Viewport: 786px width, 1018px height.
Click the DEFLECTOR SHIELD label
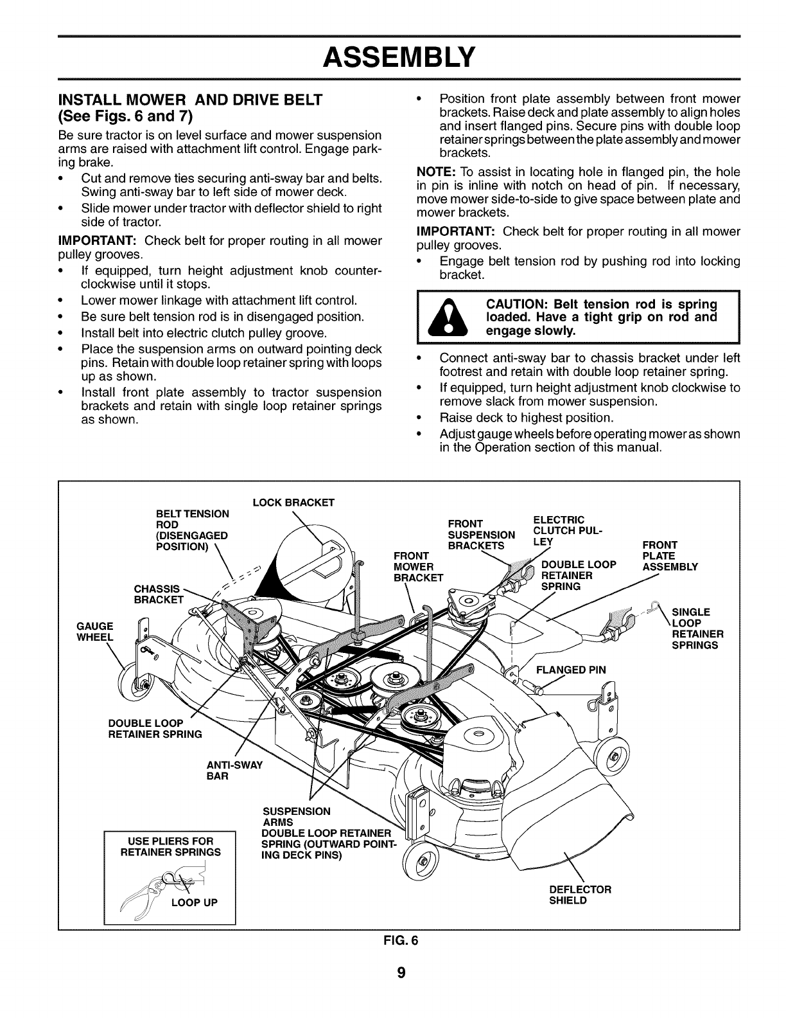pos(580,895)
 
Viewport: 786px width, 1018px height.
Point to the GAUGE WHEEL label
pos(95,632)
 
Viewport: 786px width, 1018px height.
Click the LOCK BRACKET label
pos(293,503)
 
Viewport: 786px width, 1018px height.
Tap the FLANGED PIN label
pos(570,669)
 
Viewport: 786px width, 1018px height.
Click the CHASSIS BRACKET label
pos(157,594)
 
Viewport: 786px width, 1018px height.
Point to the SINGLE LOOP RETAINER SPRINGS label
pos(697,628)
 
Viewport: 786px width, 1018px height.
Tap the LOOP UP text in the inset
pos(194,902)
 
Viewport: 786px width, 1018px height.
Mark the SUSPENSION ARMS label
pos(297,816)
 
